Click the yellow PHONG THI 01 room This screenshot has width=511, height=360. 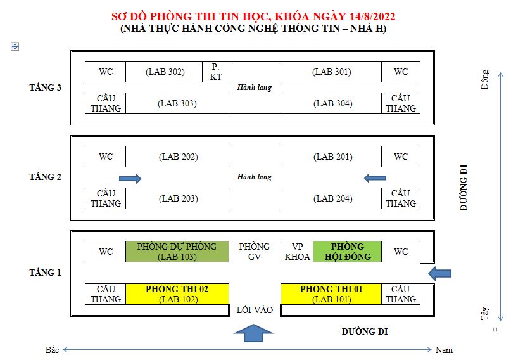pyautogui.click(x=331, y=294)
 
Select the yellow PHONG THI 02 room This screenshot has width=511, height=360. pyautogui.click(x=177, y=294)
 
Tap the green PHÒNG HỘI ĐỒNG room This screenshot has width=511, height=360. pyautogui.click(x=347, y=252)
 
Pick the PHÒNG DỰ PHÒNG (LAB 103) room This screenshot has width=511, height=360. pyautogui.click(x=177, y=252)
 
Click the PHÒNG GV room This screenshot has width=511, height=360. pyautogui.click(x=255, y=252)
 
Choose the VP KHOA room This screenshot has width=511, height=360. pyautogui.click(x=297, y=252)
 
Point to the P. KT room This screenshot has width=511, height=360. pyautogui.click(x=215, y=72)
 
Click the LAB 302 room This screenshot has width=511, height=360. pyautogui.click(x=164, y=72)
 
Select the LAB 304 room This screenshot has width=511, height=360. pyautogui.click(x=331, y=103)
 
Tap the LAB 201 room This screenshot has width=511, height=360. pyautogui.click(x=331, y=157)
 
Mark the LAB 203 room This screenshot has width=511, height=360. pyautogui.click(x=177, y=198)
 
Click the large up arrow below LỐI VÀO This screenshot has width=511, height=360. pyautogui.click(x=253, y=333)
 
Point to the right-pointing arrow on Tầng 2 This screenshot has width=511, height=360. pyautogui.click(x=130, y=178)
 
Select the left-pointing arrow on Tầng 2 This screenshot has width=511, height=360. pyautogui.click(x=375, y=178)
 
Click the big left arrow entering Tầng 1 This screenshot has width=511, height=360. pyautogui.click(x=439, y=273)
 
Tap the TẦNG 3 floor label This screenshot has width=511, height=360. pyautogui.click(x=46, y=87)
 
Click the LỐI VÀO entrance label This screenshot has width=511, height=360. pyautogui.click(x=255, y=310)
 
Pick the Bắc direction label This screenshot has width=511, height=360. pyautogui.click(x=52, y=350)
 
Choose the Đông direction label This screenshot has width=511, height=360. pyautogui.click(x=485, y=79)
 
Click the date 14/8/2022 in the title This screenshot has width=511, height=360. pyautogui.click(x=372, y=16)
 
